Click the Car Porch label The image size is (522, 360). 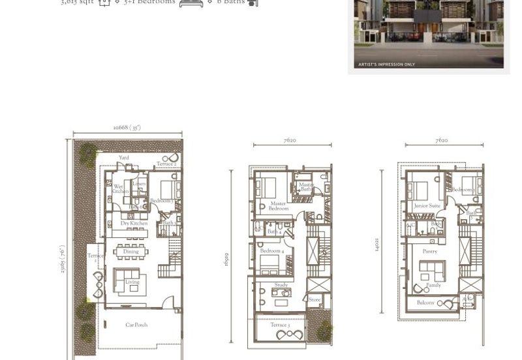(x=136, y=325)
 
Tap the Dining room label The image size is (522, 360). (x=131, y=252)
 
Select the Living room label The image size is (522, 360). (x=132, y=282)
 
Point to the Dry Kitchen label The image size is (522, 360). (x=134, y=224)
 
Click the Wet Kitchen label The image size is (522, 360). (x=120, y=189)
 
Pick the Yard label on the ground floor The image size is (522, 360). (x=124, y=158)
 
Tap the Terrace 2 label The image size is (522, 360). (x=166, y=164)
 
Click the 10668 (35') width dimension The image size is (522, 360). (x=127, y=128)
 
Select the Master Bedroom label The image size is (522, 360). (x=279, y=206)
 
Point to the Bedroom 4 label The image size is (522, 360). (x=272, y=251)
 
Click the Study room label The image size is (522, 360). (x=281, y=285)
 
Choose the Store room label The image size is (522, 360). (x=315, y=300)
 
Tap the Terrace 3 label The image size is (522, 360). (x=280, y=325)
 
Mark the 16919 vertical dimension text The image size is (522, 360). (x=226, y=260)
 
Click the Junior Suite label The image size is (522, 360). (x=427, y=206)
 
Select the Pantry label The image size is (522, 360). (x=429, y=251)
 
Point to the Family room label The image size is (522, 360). (x=433, y=285)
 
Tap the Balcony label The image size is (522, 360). (x=425, y=303)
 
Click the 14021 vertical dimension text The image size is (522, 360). (x=377, y=245)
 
